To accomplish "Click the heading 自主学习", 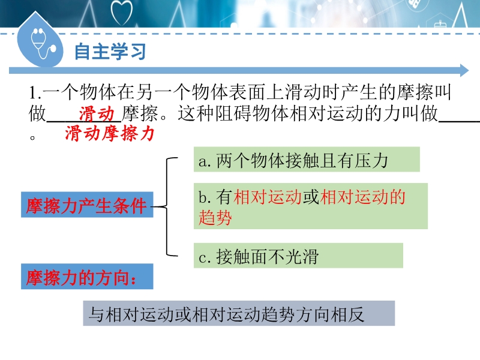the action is pos(110,51).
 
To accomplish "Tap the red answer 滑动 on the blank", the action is pos(97,114).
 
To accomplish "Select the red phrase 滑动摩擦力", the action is pos(109,133).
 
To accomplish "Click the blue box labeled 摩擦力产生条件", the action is pos(87,205).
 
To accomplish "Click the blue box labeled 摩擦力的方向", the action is pos(87,277).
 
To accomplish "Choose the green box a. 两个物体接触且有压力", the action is pos(307,159).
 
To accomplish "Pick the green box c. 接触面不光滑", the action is pos(298,256).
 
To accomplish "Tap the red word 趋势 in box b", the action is pos(215,218).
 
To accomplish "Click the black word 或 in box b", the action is pos(311,197).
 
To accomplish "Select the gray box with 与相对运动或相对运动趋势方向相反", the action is pos(239,313).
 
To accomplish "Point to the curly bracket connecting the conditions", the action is pos(167,206).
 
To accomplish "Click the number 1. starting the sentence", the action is pos(35,92).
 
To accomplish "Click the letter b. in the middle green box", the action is pos(205,197).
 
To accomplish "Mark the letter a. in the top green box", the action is pos(205,161).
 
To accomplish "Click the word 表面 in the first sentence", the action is pos(247,92).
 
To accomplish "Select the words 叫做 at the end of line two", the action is pos(419,113).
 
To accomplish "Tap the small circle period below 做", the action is pos(32,137).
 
